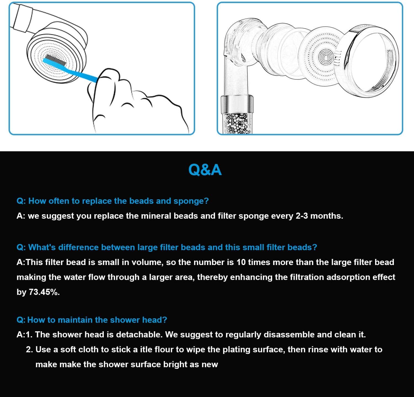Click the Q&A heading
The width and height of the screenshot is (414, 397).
pyautogui.click(x=205, y=170)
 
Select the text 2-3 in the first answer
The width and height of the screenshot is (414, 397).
pyautogui.click(x=302, y=216)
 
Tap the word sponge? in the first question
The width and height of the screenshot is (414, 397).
pyautogui.click(x=191, y=201)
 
